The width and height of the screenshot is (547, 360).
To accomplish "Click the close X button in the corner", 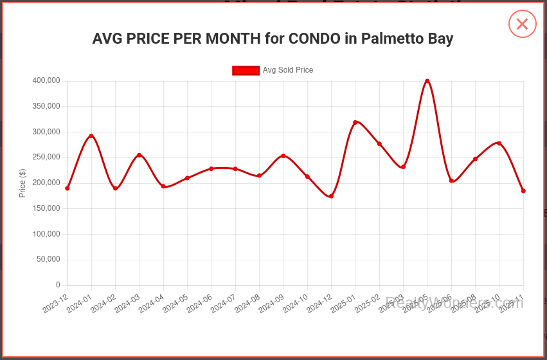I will tap(522, 24).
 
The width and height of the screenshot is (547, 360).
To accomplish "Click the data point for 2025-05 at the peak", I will tap(427, 81).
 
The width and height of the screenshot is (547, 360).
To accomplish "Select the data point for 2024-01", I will tap(91, 136).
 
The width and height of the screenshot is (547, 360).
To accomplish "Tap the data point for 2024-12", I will tap(331, 196).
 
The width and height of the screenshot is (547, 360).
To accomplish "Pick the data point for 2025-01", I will tap(355, 122).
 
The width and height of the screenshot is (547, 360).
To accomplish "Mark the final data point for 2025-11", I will tap(523, 191).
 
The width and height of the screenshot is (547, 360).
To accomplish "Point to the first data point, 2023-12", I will tap(67, 188).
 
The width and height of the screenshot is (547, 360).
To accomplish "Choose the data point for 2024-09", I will tap(283, 156).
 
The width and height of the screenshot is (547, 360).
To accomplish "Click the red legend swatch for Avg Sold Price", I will tap(246, 70).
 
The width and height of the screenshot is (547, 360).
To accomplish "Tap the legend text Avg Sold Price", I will tap(288, 70).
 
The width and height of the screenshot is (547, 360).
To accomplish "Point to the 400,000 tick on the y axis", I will tap(46, 80).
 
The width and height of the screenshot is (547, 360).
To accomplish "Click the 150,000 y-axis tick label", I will tap(46, 208).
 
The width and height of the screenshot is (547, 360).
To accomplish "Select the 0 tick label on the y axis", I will tap(58, 285).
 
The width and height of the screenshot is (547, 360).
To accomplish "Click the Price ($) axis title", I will tap(22, 183).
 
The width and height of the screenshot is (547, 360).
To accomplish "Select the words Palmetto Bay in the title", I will tap(407, 39).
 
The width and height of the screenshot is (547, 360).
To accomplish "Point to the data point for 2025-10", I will tap(499, 143).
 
